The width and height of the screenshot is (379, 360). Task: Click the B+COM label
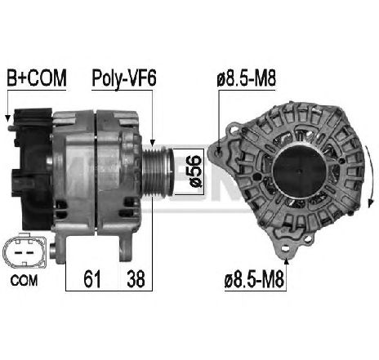(37, 78)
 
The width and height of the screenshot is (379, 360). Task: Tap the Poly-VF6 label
(124, 78)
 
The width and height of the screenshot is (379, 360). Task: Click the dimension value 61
(92, 278)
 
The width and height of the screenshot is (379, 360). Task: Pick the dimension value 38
(136, 278)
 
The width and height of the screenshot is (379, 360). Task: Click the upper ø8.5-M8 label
(247, 78)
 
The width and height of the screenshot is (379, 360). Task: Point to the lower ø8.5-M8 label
(254, 280)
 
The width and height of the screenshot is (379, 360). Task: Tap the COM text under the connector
(24, 281)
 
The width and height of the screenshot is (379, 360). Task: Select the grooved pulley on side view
(158, 171)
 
